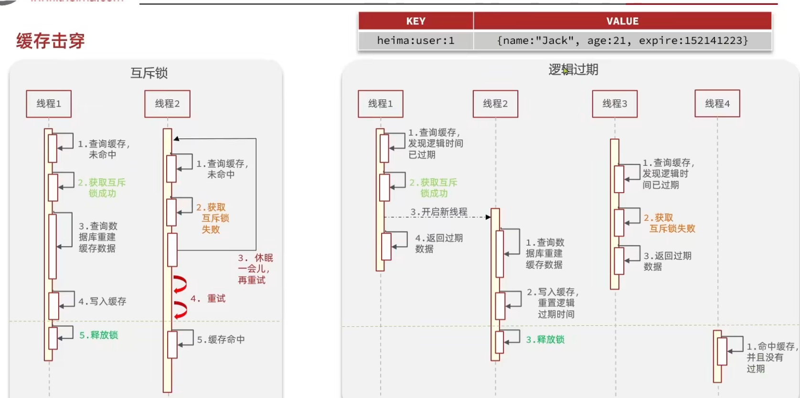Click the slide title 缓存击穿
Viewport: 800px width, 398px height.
51,41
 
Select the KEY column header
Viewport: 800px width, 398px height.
416,21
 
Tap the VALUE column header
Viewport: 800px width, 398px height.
622,21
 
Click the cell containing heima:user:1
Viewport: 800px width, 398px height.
416,41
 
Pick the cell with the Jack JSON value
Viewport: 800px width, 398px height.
622,41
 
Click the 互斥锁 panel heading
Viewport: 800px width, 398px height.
149,73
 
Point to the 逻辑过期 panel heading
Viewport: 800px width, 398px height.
573,70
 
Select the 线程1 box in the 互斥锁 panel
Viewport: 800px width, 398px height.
49,104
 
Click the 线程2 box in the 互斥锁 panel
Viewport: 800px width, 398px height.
167,104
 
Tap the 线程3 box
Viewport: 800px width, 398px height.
615,104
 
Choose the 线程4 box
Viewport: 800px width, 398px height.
717,104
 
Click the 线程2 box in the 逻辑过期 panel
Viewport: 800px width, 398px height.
495,104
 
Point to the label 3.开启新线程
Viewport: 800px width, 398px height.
439,212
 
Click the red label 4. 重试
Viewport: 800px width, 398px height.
208,299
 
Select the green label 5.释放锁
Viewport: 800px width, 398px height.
98,335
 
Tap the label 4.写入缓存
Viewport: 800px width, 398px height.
102,301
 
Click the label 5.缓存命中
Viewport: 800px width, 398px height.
221,340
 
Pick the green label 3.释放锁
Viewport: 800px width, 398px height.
545,340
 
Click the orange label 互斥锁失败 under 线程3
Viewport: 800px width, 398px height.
672,229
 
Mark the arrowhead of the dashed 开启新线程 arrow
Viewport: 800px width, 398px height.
488,217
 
